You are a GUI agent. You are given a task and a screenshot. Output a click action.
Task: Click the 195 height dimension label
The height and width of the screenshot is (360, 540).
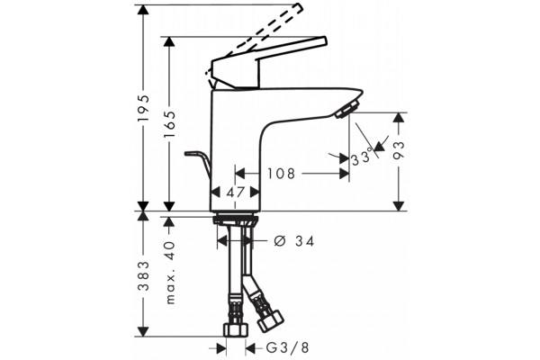143,107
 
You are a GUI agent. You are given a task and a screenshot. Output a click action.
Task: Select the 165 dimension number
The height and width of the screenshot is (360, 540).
169,124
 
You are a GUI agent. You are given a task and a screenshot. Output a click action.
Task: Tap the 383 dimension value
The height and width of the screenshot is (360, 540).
144,275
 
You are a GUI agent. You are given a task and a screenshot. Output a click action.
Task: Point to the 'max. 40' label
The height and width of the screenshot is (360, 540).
170,273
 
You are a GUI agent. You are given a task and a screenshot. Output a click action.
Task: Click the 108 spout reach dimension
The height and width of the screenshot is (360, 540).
282,174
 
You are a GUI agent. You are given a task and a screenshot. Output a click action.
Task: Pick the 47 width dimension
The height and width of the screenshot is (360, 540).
236,193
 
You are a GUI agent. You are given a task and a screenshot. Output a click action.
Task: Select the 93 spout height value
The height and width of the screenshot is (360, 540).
399,150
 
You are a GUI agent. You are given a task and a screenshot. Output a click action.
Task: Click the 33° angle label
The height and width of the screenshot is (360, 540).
362,157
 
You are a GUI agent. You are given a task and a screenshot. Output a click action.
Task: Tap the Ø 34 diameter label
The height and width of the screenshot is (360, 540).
294,241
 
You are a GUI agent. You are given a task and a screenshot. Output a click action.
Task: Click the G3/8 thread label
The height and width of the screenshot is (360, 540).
288,348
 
